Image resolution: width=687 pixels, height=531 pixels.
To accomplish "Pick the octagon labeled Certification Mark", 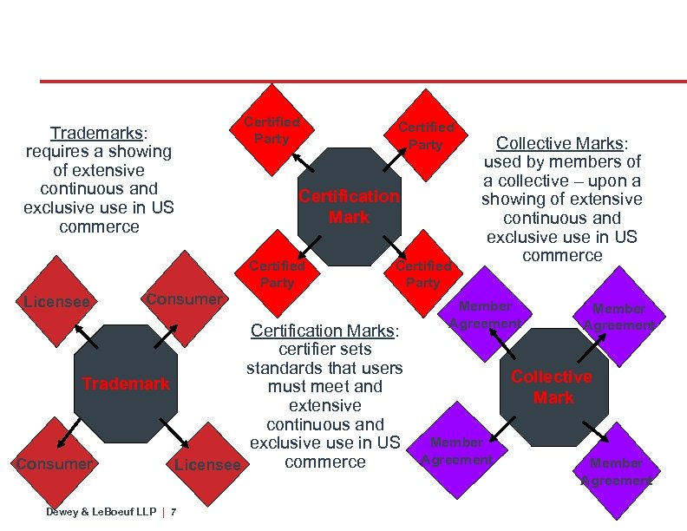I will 349,206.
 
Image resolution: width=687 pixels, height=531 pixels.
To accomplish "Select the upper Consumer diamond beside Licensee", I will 184,298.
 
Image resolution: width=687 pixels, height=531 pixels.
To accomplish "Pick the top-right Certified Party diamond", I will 425,135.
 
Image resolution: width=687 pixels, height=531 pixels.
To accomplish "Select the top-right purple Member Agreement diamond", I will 618,317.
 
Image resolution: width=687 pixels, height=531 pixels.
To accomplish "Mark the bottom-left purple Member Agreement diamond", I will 457,451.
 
